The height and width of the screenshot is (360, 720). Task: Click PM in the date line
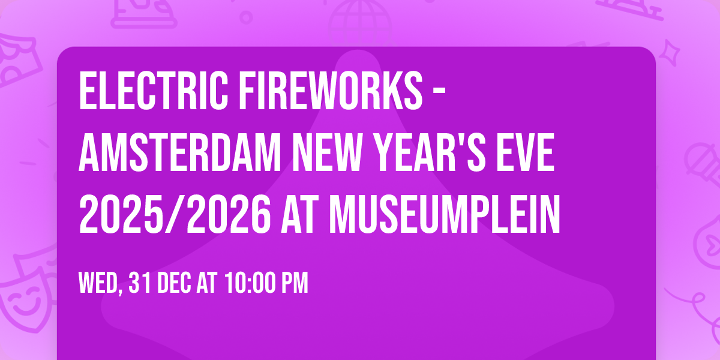pyautogui.click(x=295, y=283)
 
